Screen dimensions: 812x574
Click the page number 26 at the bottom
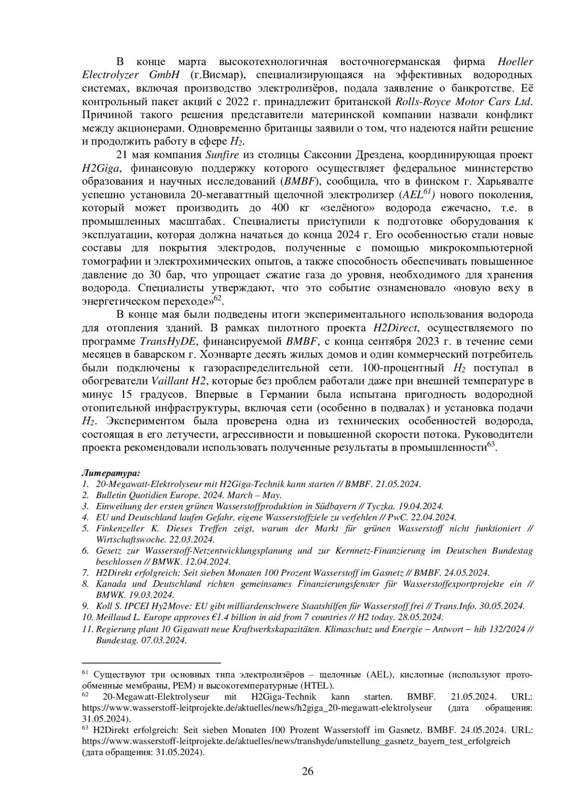307,771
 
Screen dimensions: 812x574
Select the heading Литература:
111,473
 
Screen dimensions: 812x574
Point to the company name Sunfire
221,155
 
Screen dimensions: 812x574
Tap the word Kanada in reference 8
111,584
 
